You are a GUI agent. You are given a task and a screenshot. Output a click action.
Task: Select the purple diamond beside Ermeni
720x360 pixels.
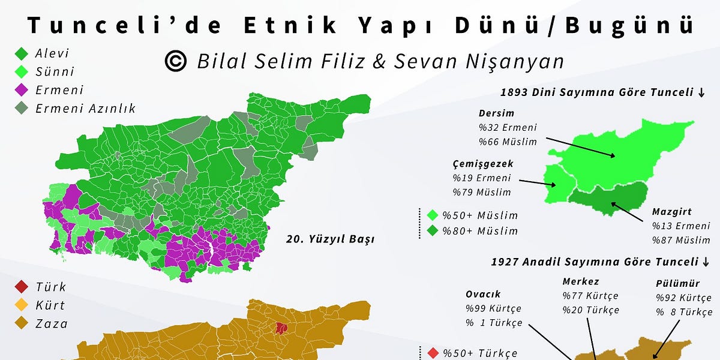tap(22, 91)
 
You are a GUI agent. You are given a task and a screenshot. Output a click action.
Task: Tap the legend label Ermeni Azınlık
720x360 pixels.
tap(85, 109)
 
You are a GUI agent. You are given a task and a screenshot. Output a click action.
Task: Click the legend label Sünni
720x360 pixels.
tap(55, 72)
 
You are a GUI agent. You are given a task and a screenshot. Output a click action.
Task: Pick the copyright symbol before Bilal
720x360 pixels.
tap(175, 61)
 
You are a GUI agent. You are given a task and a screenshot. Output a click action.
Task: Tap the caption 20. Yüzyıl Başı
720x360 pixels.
tap(330, 239)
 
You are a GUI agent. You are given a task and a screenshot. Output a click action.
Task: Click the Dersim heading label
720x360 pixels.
tap(496, 113)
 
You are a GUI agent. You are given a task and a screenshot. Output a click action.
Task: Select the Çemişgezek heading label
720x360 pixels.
tap(483, 163)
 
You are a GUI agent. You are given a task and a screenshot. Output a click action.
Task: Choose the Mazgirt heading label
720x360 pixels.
tap(672, 212)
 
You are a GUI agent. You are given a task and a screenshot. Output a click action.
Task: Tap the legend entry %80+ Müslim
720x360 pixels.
tap(480, 230)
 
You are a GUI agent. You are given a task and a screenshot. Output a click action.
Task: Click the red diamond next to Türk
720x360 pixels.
tap(22, 287)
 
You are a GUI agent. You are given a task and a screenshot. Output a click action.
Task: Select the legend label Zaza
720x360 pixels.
tap(52, 323)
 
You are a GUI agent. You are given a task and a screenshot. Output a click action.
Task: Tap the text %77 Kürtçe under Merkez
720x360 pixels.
tap(590, 296)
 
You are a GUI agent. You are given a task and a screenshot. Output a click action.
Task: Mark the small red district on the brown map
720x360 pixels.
tap(280, 328)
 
